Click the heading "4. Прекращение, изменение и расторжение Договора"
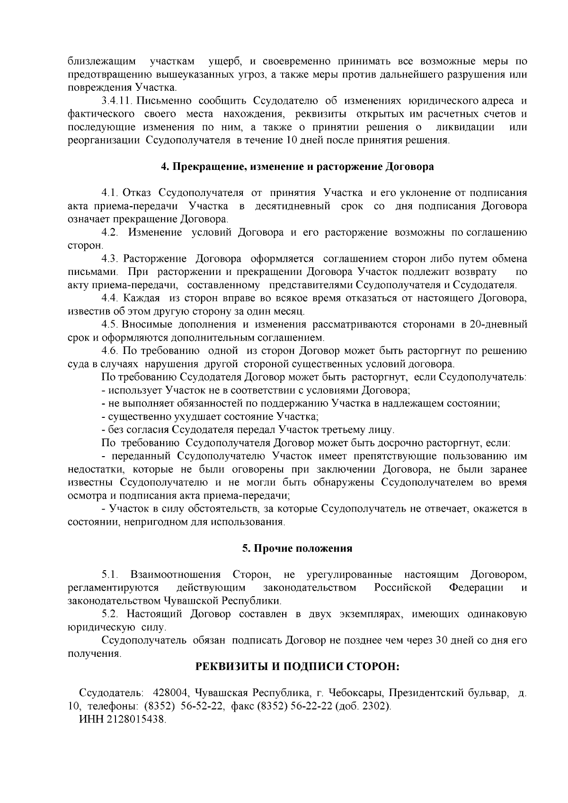coord(297,167)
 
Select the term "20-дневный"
coord(498,324)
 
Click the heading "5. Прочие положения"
coord(297,548)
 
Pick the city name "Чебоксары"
coord(355,693)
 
